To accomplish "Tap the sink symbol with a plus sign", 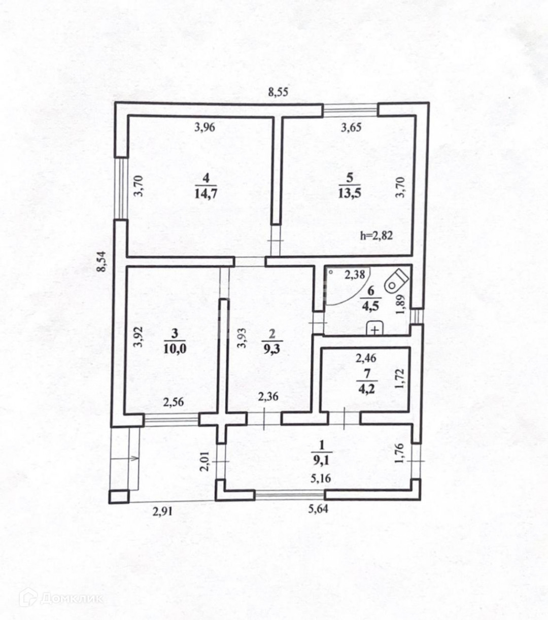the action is [x=374, y=329].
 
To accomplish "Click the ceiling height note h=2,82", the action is [x=376, y=235].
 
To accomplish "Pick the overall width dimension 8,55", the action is [x=278, y=92].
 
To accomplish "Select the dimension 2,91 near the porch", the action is [x=162, y=511].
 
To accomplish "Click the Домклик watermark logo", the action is [x=61, y=598].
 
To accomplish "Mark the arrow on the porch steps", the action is [x=133, y=459].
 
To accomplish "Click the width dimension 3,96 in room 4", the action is [x=205, y=127].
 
